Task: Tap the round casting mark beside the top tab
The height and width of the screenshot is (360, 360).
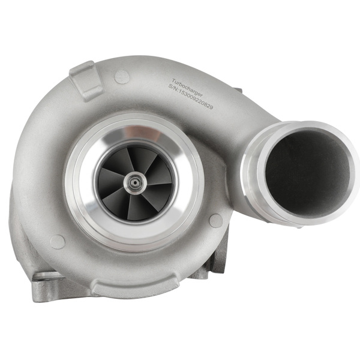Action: pyautogui.click(x=122, y=76)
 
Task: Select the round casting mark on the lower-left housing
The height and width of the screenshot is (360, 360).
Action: pyautogui.click(x=58, y=241)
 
